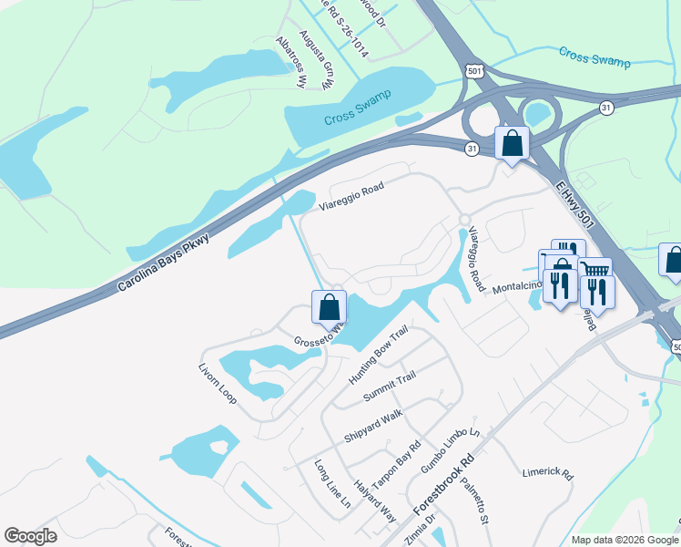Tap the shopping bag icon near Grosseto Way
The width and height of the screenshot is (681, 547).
pyautogui.click(x=329, y=307)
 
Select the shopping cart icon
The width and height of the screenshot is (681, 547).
pyautogui.click(x=594, y=270)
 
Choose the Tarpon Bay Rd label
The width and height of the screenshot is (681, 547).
pyautogui.click(x=401, y=462)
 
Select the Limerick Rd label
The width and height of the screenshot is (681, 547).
pyautogui.click(x=547, y=474)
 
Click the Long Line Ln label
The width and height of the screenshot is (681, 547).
pyautogui.click(x=332, y=484)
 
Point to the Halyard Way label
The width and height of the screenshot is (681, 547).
pyautogui.click(x=375, y=501)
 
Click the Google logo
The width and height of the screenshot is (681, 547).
pyautogui.click(x=30, y=536)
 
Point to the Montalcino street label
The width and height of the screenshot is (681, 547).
pyautogui.click(x=517, y=287)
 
